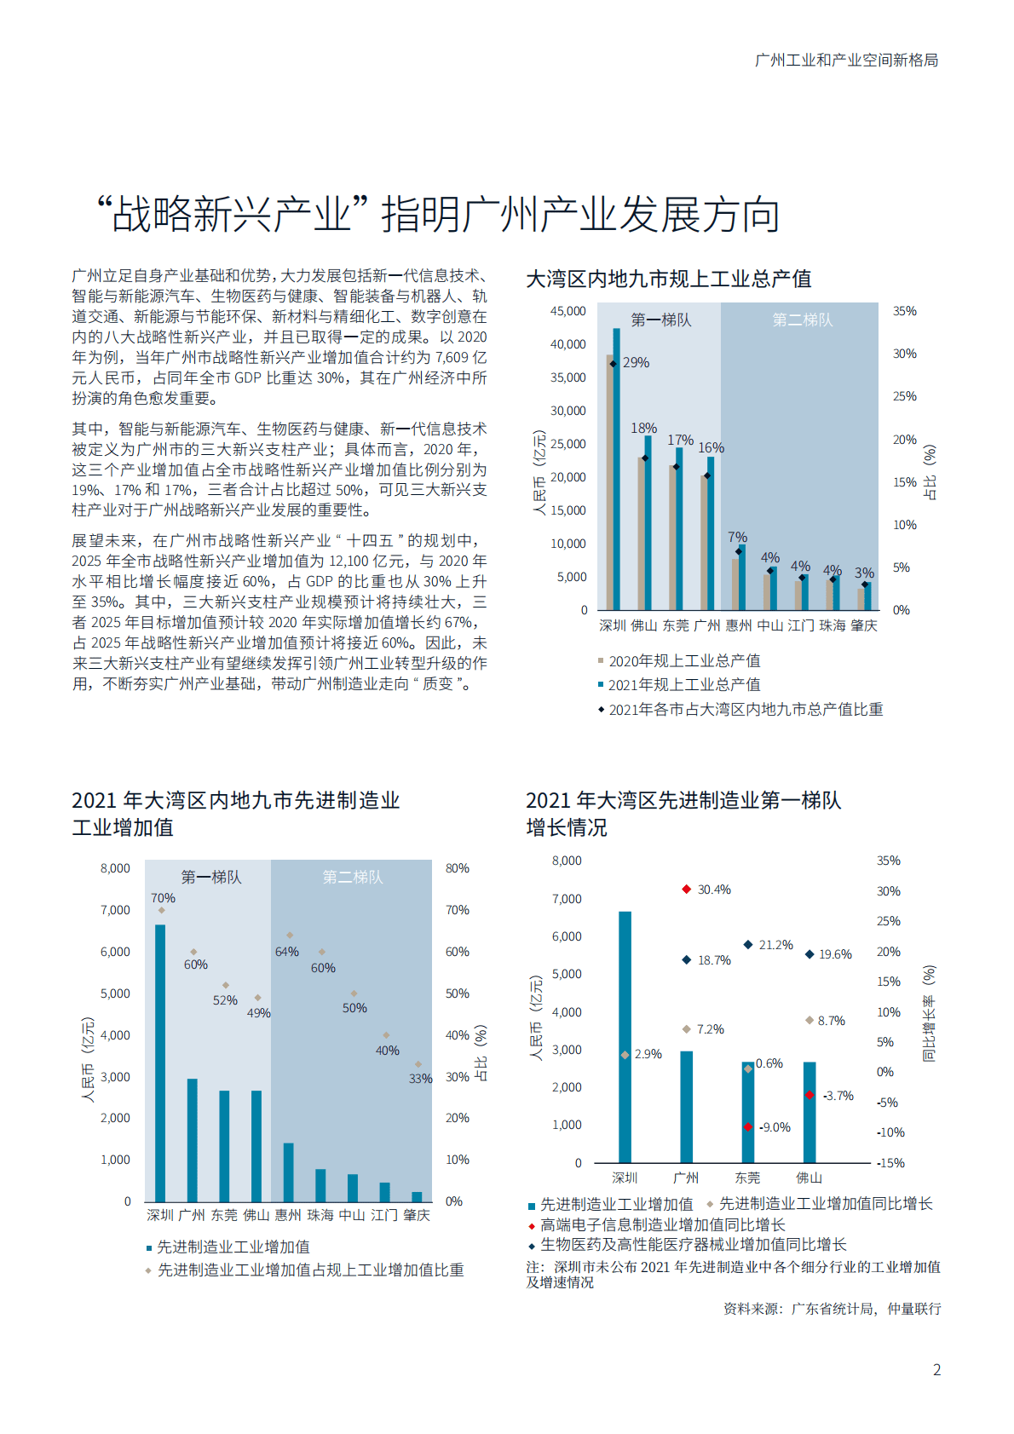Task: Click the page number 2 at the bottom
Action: [x=936, y=1370]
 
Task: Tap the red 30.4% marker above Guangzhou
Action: [x=686, y=890]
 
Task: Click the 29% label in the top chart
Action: [x=636, y=363]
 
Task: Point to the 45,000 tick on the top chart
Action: [x=567, y=312]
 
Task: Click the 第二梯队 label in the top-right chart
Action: [x=802, y=320]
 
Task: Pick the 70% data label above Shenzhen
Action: [x=163, y=898]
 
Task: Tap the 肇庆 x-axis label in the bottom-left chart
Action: [x=417, y=1215]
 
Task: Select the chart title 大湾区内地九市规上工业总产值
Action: [x=668, y=279]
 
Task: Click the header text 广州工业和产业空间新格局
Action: [x=845, y=60]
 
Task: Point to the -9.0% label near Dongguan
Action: [x=775, y=1127]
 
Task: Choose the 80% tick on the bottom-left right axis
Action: [x=458, y=868]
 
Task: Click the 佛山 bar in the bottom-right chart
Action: [x=809, y=1112]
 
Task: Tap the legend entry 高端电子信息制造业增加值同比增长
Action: [x=662, y=1224]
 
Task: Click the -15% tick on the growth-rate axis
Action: [x=890, y=1163]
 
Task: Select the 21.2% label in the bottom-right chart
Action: [x=775, y=945]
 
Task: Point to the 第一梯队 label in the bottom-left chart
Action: [x=210, y=878]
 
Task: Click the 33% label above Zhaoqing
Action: [x=420, y=1079]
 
